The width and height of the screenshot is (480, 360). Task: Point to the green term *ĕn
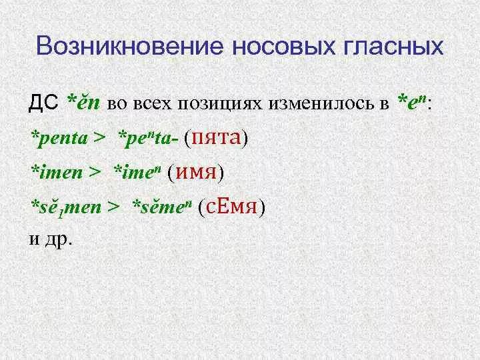coord(83,102)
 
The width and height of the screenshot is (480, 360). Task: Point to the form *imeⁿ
coord(137,173)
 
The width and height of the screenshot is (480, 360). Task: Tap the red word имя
coord(196,173)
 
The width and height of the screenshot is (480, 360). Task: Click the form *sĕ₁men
coord(65,207)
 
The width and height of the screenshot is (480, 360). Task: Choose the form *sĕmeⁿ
coord(162,207)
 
